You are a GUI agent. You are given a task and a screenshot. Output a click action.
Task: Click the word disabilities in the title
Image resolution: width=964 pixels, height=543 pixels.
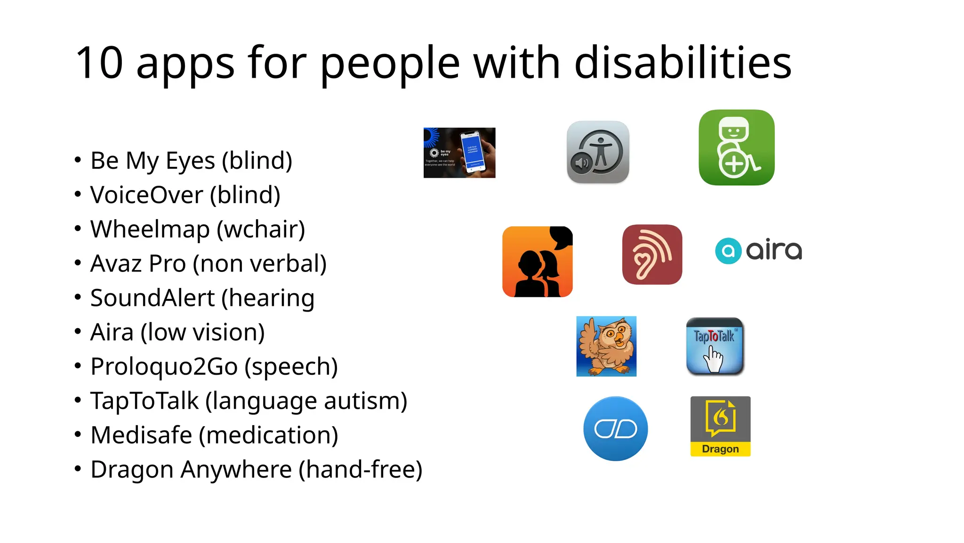683,63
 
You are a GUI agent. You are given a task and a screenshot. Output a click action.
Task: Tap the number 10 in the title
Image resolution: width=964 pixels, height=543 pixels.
99,63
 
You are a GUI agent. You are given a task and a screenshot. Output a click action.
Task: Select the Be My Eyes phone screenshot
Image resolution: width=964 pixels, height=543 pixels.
459,153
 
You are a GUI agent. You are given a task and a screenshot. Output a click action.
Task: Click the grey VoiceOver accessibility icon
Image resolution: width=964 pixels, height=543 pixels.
598,152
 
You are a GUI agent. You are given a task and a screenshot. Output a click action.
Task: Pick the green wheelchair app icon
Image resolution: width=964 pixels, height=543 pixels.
736,148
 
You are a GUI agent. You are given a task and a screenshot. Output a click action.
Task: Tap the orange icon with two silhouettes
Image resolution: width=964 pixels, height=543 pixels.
538,262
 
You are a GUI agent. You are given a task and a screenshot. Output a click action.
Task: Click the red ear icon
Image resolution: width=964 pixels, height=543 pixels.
652,255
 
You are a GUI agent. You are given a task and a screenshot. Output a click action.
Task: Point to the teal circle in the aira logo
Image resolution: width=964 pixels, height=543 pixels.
728,251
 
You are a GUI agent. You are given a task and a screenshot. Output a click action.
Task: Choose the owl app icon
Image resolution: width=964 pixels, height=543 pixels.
606,346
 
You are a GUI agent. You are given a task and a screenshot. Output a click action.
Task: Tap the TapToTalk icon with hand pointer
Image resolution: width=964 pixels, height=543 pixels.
715,346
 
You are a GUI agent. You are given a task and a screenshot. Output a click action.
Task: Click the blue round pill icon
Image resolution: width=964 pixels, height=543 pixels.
615,428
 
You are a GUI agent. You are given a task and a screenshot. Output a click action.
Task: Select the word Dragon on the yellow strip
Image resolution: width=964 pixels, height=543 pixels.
720,449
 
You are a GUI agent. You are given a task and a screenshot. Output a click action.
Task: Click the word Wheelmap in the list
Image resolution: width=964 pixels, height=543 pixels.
150,230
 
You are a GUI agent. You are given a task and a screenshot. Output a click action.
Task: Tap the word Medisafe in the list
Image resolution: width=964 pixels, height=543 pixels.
141,435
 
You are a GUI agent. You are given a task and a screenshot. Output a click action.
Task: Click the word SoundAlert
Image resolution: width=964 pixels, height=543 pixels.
153,298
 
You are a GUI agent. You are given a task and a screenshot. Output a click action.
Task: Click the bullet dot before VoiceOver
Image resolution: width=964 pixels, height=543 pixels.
78,194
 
